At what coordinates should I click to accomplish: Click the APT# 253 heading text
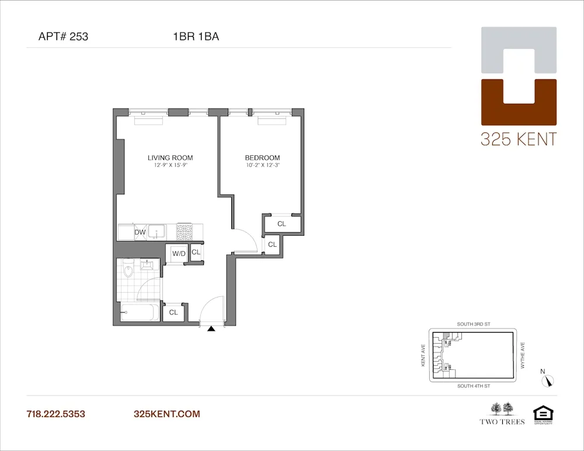pos(63,37)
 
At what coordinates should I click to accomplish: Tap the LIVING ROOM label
pos(170,158)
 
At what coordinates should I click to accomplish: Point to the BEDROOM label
pos(262,158)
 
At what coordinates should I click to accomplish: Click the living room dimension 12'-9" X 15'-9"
pos(170,166)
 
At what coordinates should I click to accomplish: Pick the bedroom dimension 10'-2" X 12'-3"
pos(262,166)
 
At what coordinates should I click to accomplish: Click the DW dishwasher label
pos(140,232)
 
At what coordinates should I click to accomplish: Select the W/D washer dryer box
pos(178,253)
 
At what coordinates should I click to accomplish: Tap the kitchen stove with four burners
pos(185,232)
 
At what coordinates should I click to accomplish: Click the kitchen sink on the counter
pos(157,232)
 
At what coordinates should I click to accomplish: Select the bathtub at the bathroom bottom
pos(138,313)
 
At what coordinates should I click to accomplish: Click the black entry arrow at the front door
pos(211,329)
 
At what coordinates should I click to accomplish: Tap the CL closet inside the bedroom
pos(281,224)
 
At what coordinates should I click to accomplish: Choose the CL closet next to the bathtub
pos(173,312)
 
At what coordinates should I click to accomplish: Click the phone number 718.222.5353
pos(56,414)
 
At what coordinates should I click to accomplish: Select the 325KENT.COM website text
pos(167,414)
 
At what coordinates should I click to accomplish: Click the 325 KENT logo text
pos(519,139)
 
